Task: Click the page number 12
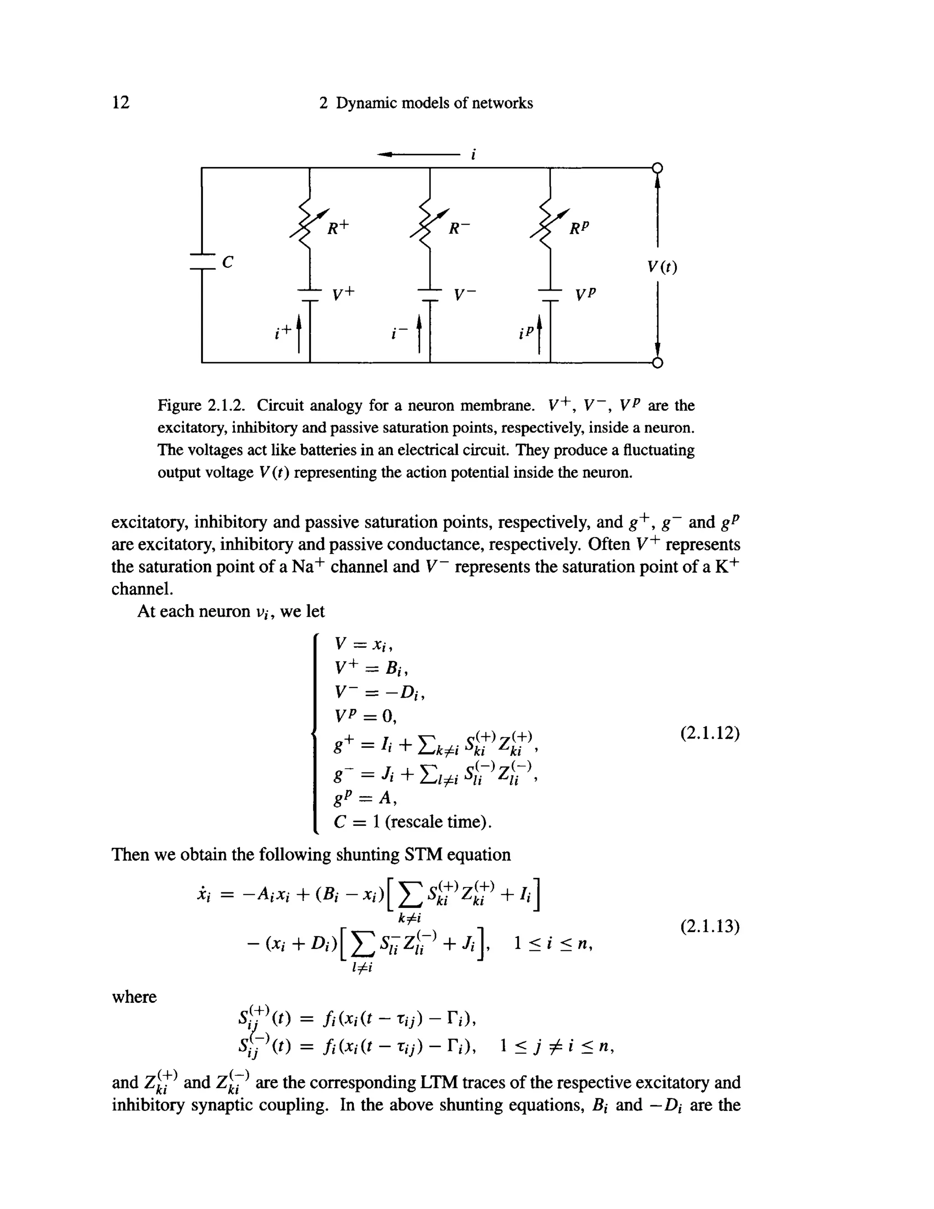(120, 103)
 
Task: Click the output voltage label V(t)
(662, 267)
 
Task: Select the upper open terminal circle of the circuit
(657, 168)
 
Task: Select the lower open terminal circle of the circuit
(657, 363)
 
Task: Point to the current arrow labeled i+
(299, 334)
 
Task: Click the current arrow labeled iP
(540, 334)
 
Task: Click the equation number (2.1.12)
(710, 733)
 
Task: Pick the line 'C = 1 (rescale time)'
(413, 822)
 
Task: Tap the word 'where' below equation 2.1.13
(135, 997)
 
